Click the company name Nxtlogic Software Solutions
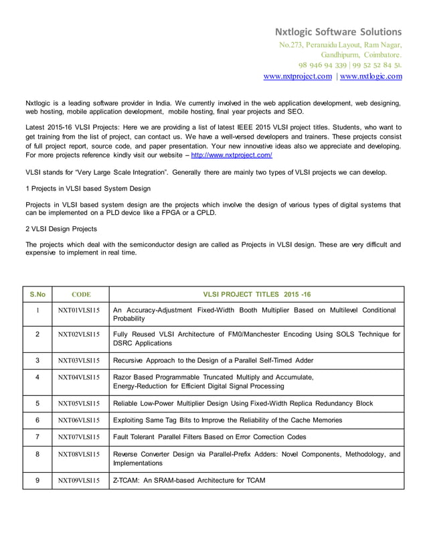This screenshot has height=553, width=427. click(x=339, y=31)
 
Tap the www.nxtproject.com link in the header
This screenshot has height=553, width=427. click(x=298, y=76)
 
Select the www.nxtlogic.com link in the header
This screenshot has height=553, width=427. click(x=371, y=76)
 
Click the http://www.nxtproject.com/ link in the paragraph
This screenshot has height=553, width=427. click(x=232, y=155)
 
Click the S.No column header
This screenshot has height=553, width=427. click(x=37, y=294)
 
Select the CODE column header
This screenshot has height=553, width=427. click(x=80, y=294)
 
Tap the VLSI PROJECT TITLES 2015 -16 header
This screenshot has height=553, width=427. click(x=256, y=294)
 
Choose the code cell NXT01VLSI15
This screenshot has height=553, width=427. click(x=79, y=311)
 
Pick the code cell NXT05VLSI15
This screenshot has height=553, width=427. click(x=79, y=404)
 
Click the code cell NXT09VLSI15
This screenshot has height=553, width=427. click(x=79, y=480)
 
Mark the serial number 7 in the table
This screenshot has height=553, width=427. click(x=37, y=437)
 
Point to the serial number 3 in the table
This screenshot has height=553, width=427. click(x=37, y=360)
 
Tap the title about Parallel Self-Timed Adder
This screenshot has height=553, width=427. click(x=213, y=360)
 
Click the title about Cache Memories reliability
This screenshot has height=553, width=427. click(x=228, y=420)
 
